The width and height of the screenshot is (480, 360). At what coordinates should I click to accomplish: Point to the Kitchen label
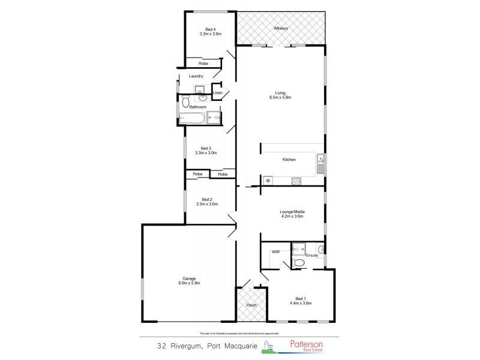click(x=289, y=160)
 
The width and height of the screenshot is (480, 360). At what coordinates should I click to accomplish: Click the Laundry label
click(x=196, y=76)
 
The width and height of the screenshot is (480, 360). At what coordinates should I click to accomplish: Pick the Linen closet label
click(x=217, y=93)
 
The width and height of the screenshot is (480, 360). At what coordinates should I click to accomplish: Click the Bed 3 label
click(x=206, y=151)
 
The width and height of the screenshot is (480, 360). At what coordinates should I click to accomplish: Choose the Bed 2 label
click(x=206, y=202)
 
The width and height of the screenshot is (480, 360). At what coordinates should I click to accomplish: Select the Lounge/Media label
click(x=292, y=214)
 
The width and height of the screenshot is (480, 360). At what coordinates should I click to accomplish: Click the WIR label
click(x=276, y=252)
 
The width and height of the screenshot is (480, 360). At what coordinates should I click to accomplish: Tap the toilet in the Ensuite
click(x=298, y=262)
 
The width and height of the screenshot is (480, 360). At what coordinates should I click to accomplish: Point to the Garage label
click(x=190, y=280)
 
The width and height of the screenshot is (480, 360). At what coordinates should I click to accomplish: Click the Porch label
click(x=251, y=305)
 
